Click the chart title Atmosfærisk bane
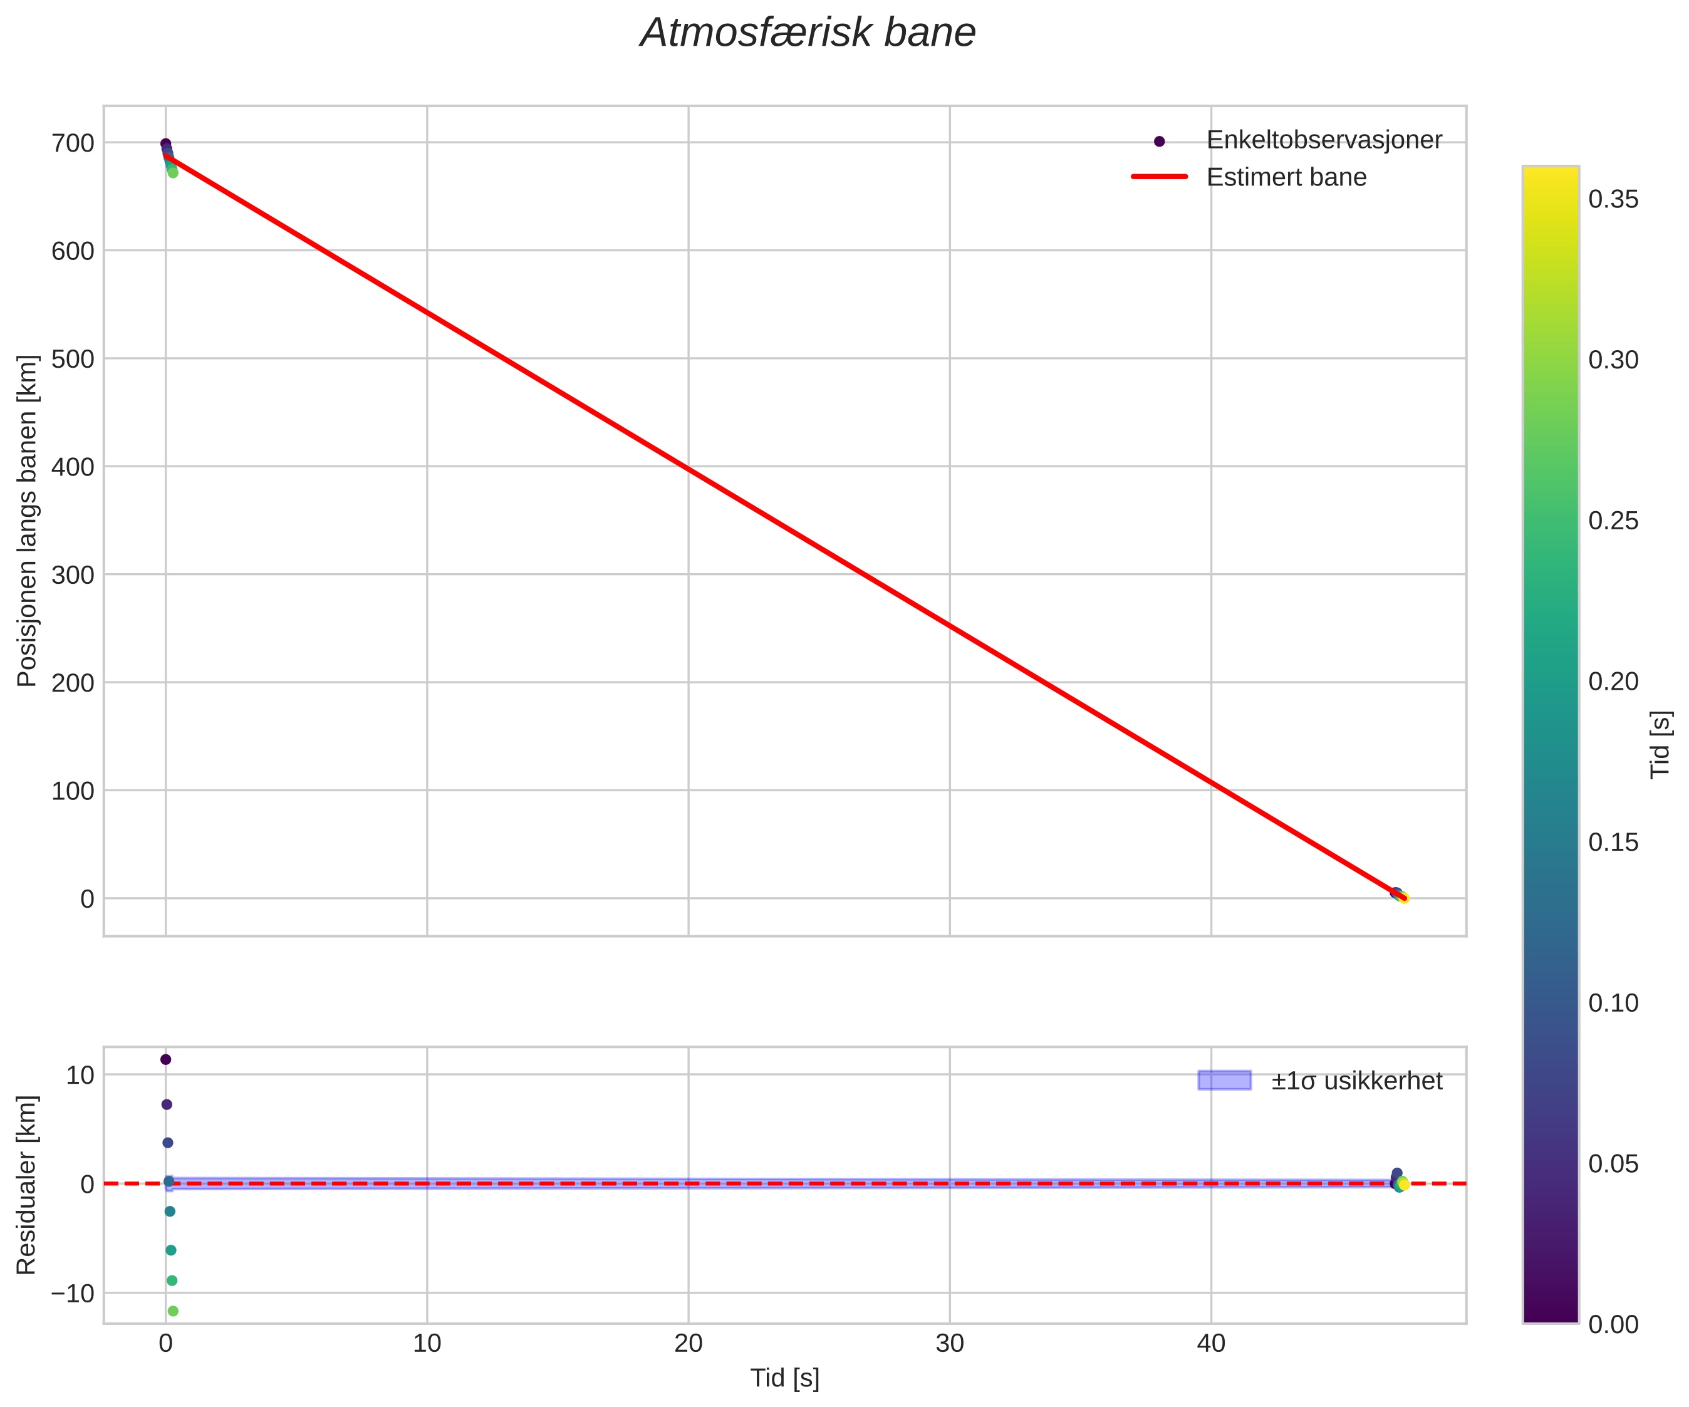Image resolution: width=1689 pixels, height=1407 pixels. [808, 34]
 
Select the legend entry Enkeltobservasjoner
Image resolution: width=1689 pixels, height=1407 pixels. [1324, 140]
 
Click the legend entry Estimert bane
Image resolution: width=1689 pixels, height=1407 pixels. [1286, 177]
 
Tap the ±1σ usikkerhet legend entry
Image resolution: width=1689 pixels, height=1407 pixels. [1356, 1081]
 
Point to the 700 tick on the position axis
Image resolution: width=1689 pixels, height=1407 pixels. [73, 143]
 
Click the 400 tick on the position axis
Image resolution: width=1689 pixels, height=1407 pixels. [73, 467]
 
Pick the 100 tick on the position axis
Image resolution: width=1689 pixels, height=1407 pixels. [73, 791]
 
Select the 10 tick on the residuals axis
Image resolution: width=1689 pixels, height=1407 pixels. [80, 1075]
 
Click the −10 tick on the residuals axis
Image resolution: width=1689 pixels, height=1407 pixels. [73, 1294]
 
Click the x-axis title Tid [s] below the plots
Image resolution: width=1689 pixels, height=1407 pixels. [785, 1378]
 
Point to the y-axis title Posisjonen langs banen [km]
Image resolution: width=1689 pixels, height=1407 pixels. [28, 521]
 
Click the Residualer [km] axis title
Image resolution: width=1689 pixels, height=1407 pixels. [28, 1185]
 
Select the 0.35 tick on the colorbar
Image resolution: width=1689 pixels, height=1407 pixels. [1613, 199]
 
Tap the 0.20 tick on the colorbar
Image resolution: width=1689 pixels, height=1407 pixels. [1613, 682]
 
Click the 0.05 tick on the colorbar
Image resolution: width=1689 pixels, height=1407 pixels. [1613, 1164]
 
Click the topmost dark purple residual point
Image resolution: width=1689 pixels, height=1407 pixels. [165, 1059]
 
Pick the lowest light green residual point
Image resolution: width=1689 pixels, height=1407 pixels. [173, 1311]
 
